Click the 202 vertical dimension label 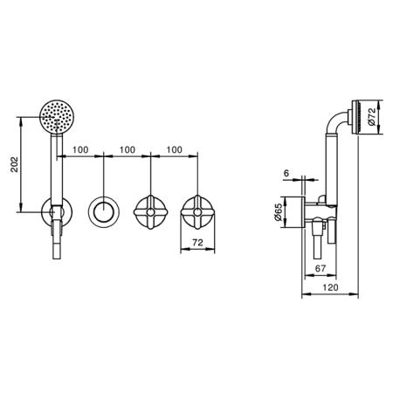(15, 164)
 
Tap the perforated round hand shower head (57, 117)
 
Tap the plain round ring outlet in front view (103, 212)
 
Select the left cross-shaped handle (150, 212)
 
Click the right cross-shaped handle (198, 212)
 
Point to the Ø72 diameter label (372, 117)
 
